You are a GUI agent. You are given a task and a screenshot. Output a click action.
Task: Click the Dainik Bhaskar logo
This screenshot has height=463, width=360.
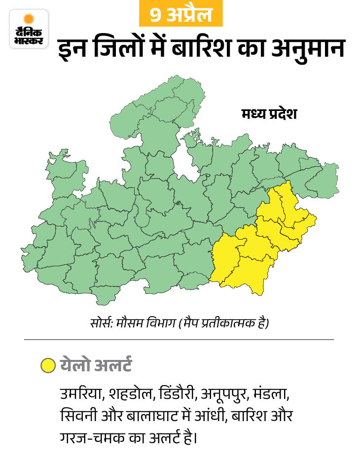(29, 29)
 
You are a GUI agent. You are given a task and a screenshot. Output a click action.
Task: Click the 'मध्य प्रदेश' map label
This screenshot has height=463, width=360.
(269, 115)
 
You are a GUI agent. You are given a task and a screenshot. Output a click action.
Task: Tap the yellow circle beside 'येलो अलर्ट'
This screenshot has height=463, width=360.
(48, 366)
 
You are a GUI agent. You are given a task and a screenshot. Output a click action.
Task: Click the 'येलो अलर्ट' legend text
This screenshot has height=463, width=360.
(96, 366)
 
